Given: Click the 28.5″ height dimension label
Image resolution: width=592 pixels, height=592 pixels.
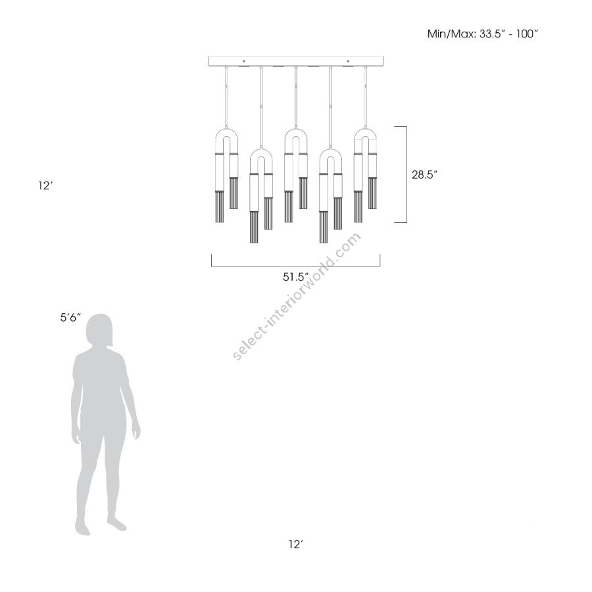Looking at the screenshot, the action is [424, 175].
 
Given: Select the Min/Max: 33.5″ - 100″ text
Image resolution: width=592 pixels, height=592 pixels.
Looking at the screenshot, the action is [482, 34].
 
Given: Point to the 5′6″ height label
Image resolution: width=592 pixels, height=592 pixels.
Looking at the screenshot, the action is [70, 318].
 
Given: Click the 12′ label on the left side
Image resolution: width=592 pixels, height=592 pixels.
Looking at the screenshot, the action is [45, 185].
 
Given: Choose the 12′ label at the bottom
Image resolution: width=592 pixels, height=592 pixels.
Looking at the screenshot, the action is [297, 544].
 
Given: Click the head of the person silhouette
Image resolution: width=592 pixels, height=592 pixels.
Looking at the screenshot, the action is [99, 331].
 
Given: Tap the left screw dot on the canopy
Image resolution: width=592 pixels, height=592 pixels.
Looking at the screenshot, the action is [243, 61].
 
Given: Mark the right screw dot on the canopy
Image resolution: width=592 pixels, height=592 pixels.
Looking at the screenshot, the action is [348, 61].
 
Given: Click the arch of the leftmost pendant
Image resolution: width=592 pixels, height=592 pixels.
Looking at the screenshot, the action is [226, 130].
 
